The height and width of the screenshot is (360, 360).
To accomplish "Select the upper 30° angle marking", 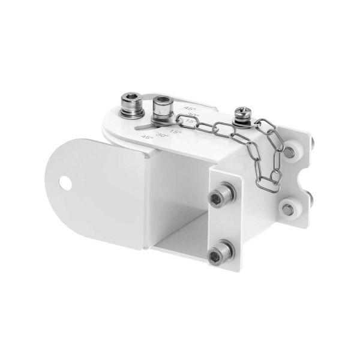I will pos(192,115).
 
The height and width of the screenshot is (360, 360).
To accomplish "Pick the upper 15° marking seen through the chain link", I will pos(190,122).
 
